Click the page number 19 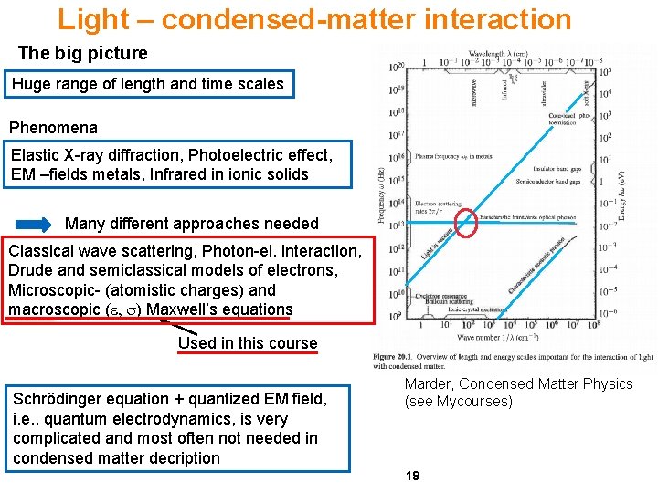412,476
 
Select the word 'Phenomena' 53,127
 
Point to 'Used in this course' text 248,343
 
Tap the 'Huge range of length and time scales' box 148,85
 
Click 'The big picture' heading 82,53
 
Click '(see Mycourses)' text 459,402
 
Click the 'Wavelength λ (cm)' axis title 502,54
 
